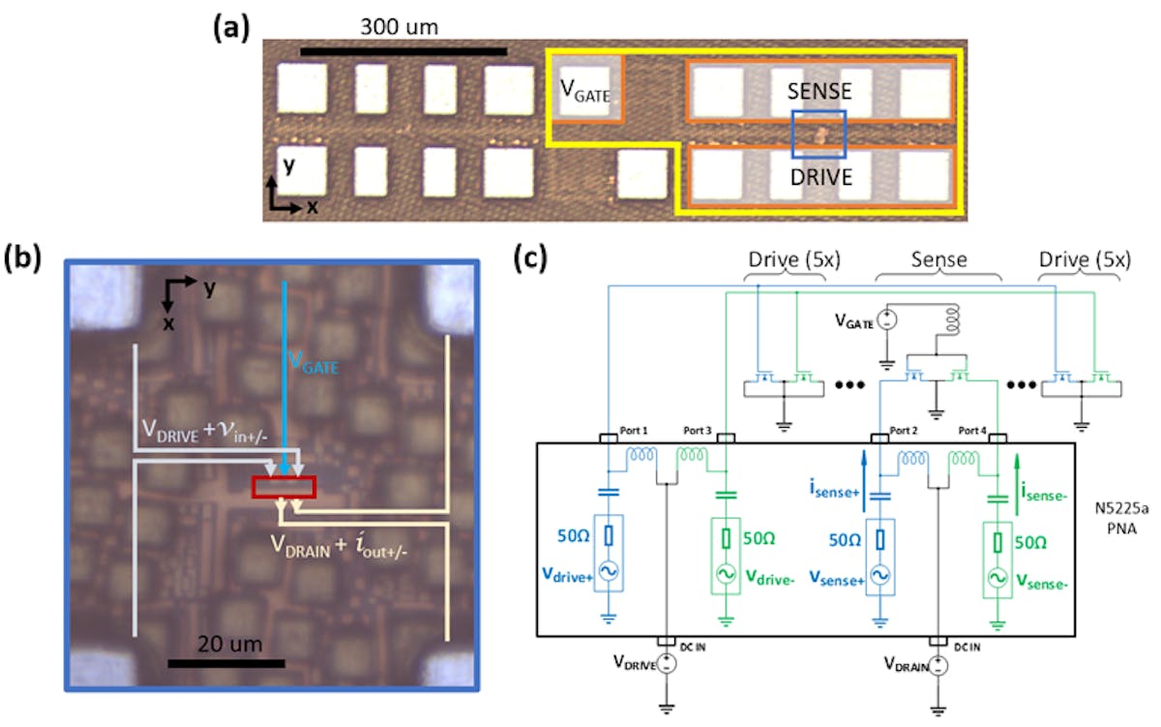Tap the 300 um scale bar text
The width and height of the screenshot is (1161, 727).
coord(400,27)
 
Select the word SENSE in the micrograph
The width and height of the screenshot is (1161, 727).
coord(819,91)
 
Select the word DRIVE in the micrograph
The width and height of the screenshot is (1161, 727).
coord(819,176)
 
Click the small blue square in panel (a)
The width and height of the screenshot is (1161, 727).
coord(819,134)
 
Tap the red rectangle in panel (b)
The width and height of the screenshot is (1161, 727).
coord(283,487)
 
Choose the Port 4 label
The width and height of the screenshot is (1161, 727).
coord(978,429)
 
